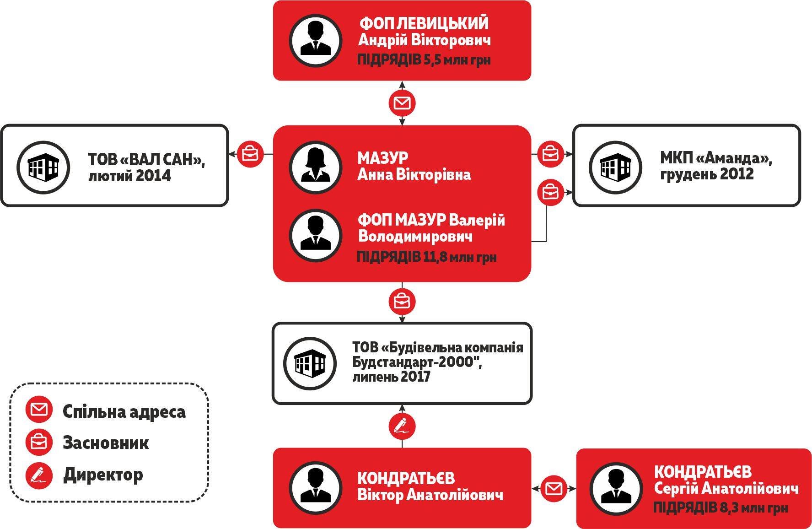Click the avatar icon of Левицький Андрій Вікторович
pos(315,40)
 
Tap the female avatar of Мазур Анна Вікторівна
pos(315,167)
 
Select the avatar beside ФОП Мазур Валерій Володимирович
pos(315,235)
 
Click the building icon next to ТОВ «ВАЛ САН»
pos(43,167)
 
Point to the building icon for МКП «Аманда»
pos(615,167)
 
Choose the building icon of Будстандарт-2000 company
pos(310,363)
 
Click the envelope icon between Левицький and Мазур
pos(402,103)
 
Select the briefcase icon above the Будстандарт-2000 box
pos(402,302)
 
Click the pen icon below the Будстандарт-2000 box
pos(402,426)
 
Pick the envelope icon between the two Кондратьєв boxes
pos(554,488)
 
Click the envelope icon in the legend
pos(39,410)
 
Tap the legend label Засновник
pos(106,443)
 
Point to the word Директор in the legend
pos(103,474)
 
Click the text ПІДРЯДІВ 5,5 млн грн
pos(424,60)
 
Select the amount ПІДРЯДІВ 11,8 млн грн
pos(426,257)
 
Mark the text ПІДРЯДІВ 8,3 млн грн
pos(720,507)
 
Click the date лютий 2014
pos(129,176)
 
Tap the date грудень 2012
pos(707,174)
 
